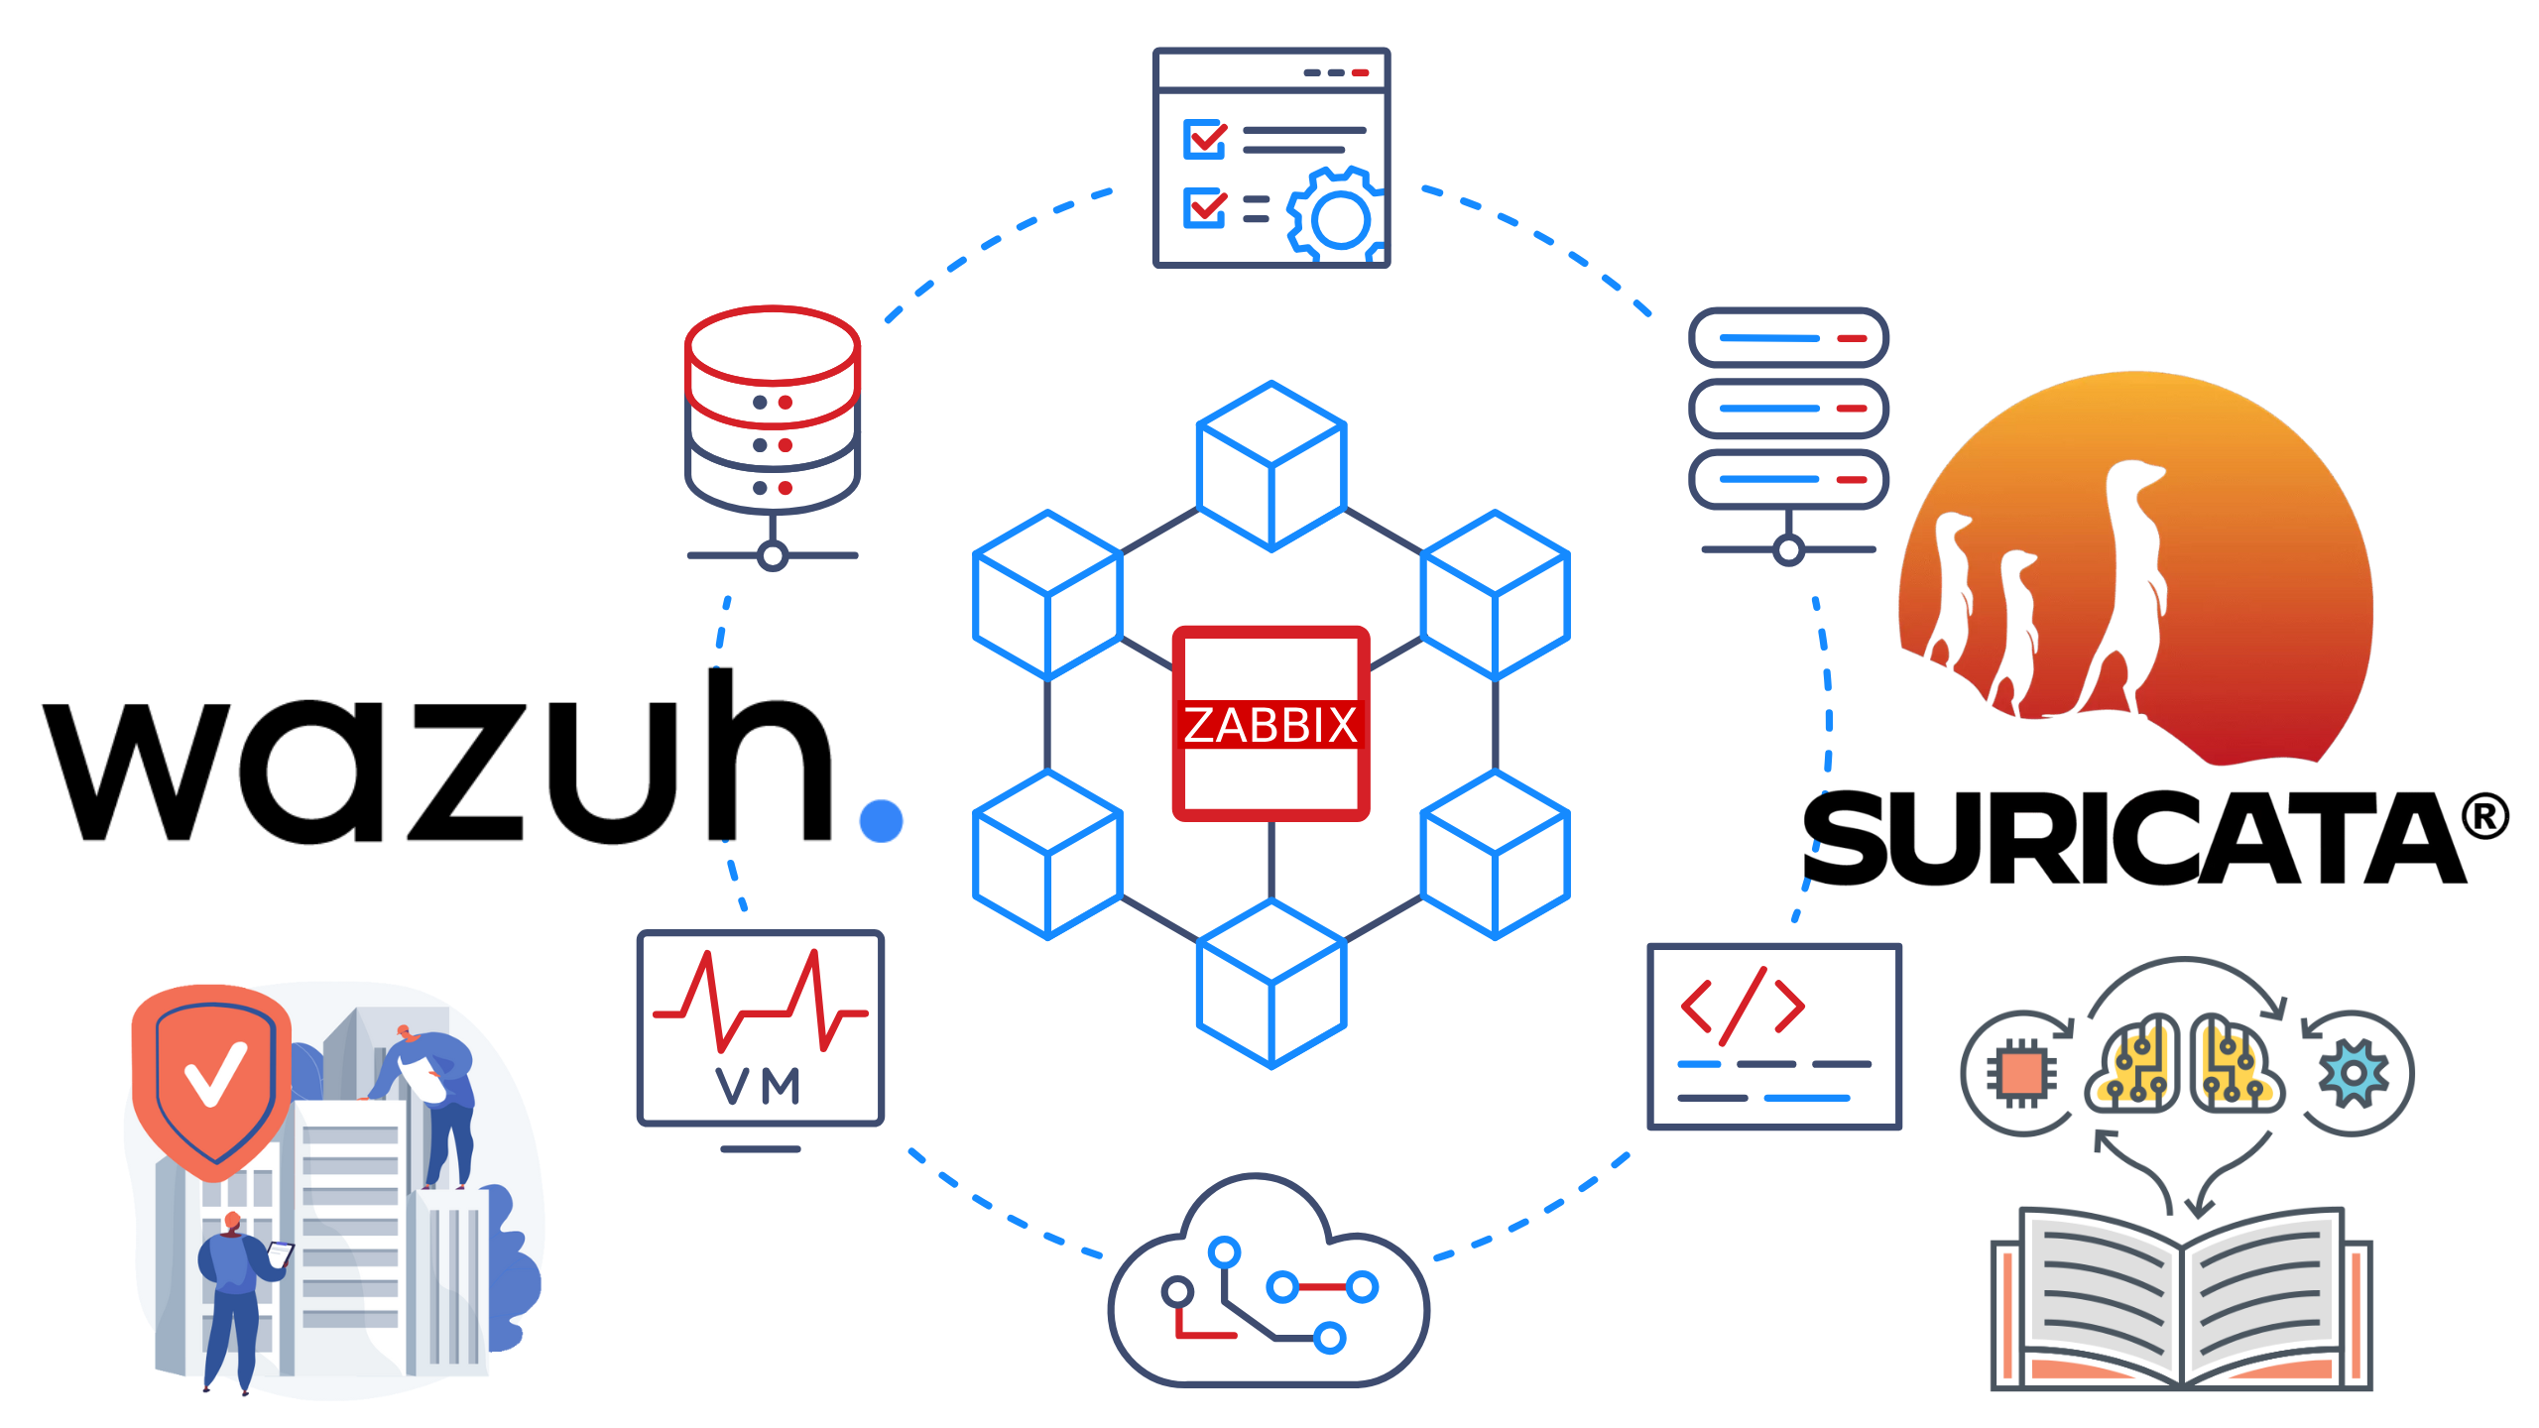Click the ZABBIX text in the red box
point(1270,725)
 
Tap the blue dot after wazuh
point(881,820)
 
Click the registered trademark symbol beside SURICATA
point(2484,818)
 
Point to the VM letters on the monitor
point(759,1086)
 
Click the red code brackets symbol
point(1743,1007)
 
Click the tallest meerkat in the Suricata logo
point(2132,575)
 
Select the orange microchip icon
point(2021,1073)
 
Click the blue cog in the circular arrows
point(2354,1073)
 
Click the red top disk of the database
point(773,347)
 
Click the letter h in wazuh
point(770,759)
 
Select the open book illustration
point(2182,1299)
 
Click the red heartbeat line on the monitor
point(760,1002)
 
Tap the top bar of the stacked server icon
point(1788,338)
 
